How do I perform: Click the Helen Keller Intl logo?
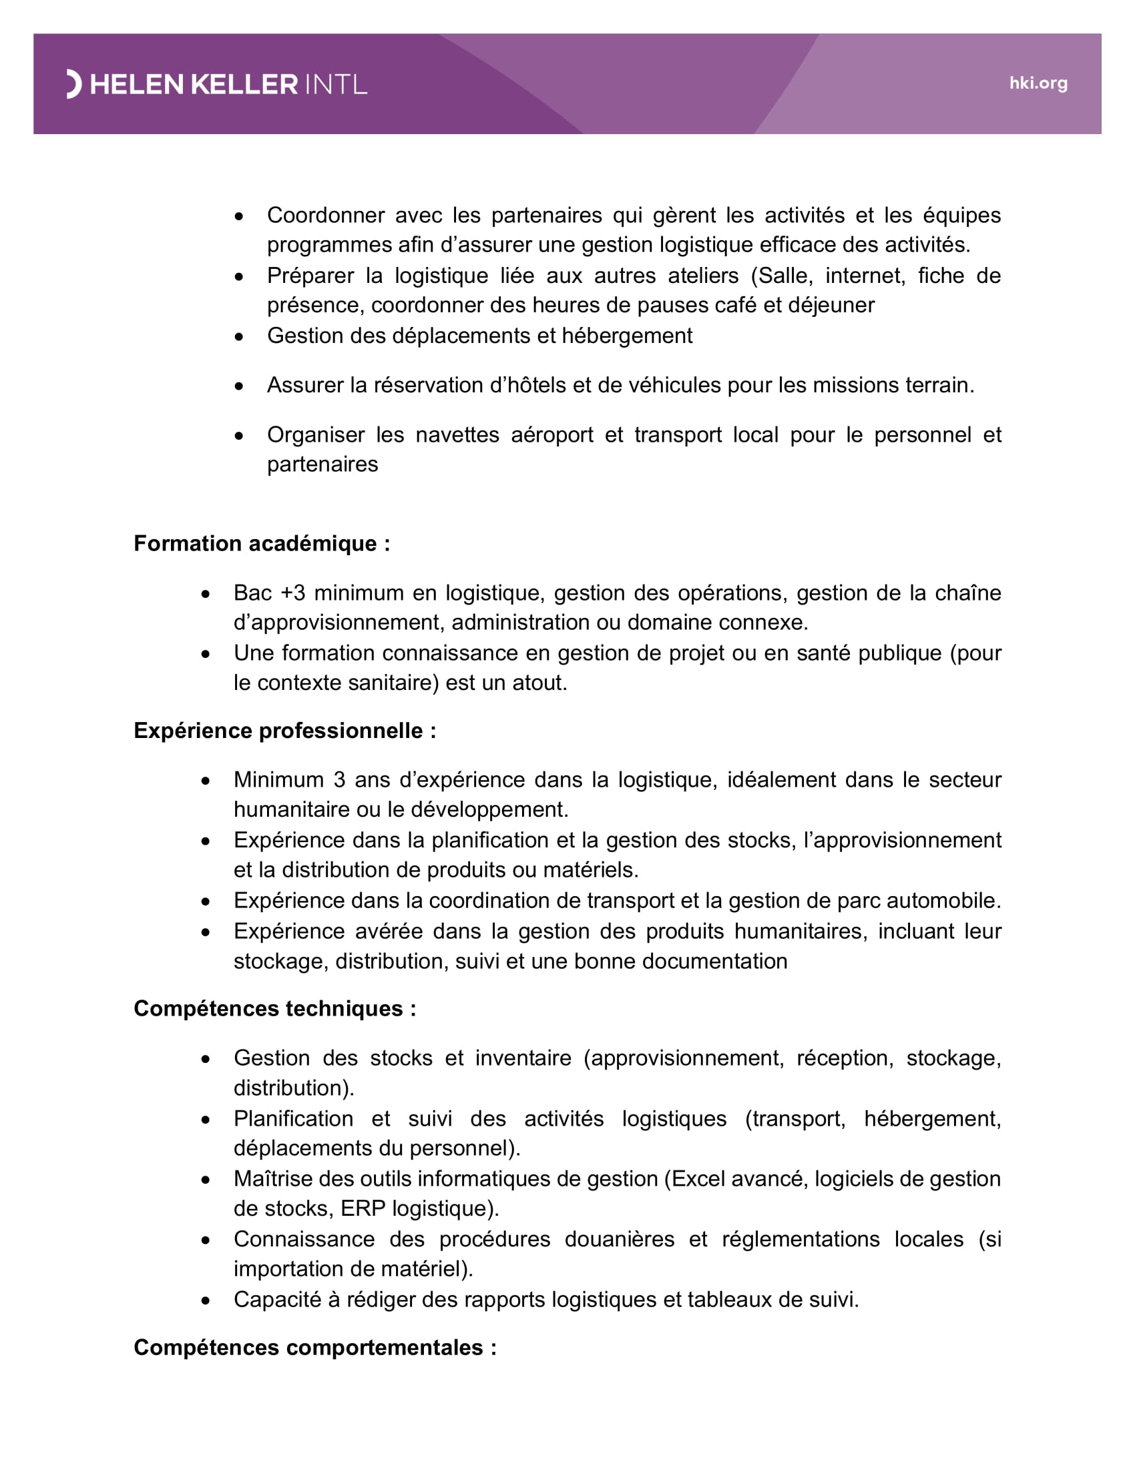216,85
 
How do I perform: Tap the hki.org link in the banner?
1038,83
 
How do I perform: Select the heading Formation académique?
262,543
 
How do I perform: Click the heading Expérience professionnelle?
284,731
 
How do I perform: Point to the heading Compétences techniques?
274,1009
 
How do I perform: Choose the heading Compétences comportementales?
314,1348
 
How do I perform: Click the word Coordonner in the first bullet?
325,215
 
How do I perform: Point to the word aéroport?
551,435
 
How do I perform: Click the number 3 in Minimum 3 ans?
340,779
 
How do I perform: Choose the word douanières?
619,1240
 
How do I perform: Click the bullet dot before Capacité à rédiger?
206,1301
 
